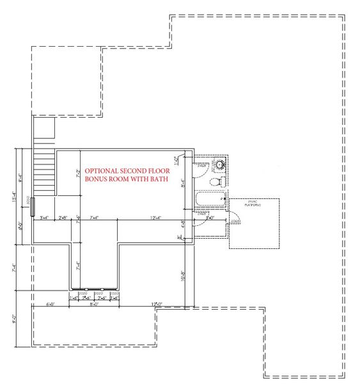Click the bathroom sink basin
(219, 164)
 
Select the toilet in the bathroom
(217, 181)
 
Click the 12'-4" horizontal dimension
(155, 218)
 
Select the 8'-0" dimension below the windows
(94, 305)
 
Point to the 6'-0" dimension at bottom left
(51, 305)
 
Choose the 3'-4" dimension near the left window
(45, 218)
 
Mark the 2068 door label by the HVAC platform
(235, 221)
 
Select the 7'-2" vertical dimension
(78, 173)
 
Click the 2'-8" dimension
(63, 218)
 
